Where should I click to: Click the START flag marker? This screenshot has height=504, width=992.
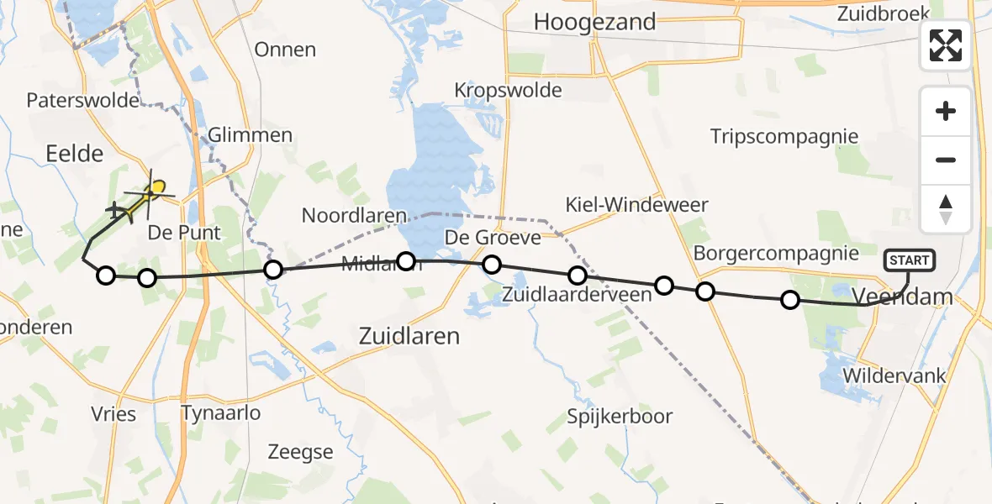click(909, 260)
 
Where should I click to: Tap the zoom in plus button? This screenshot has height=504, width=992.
click(946, 112)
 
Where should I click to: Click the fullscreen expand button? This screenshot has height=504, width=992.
click(946, 45)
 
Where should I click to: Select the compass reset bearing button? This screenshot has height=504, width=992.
click(946, 209)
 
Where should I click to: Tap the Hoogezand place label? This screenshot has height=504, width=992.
click(594, 22)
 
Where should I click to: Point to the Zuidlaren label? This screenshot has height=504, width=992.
click(409, 337)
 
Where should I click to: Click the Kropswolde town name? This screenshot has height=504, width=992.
click(508, 90)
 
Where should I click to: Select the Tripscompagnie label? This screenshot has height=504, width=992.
click(784, 136)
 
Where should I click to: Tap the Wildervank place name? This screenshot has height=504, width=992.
click(895, 375)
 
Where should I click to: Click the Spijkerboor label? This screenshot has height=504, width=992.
click(620, 416)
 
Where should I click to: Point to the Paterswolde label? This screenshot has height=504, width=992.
click(82, 101)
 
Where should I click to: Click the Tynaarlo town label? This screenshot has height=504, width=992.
click(221, 412)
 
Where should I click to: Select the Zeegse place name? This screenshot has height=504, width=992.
click(300, 452)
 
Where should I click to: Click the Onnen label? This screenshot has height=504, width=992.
click(285, 50)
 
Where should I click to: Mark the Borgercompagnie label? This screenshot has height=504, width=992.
click(776, 253)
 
